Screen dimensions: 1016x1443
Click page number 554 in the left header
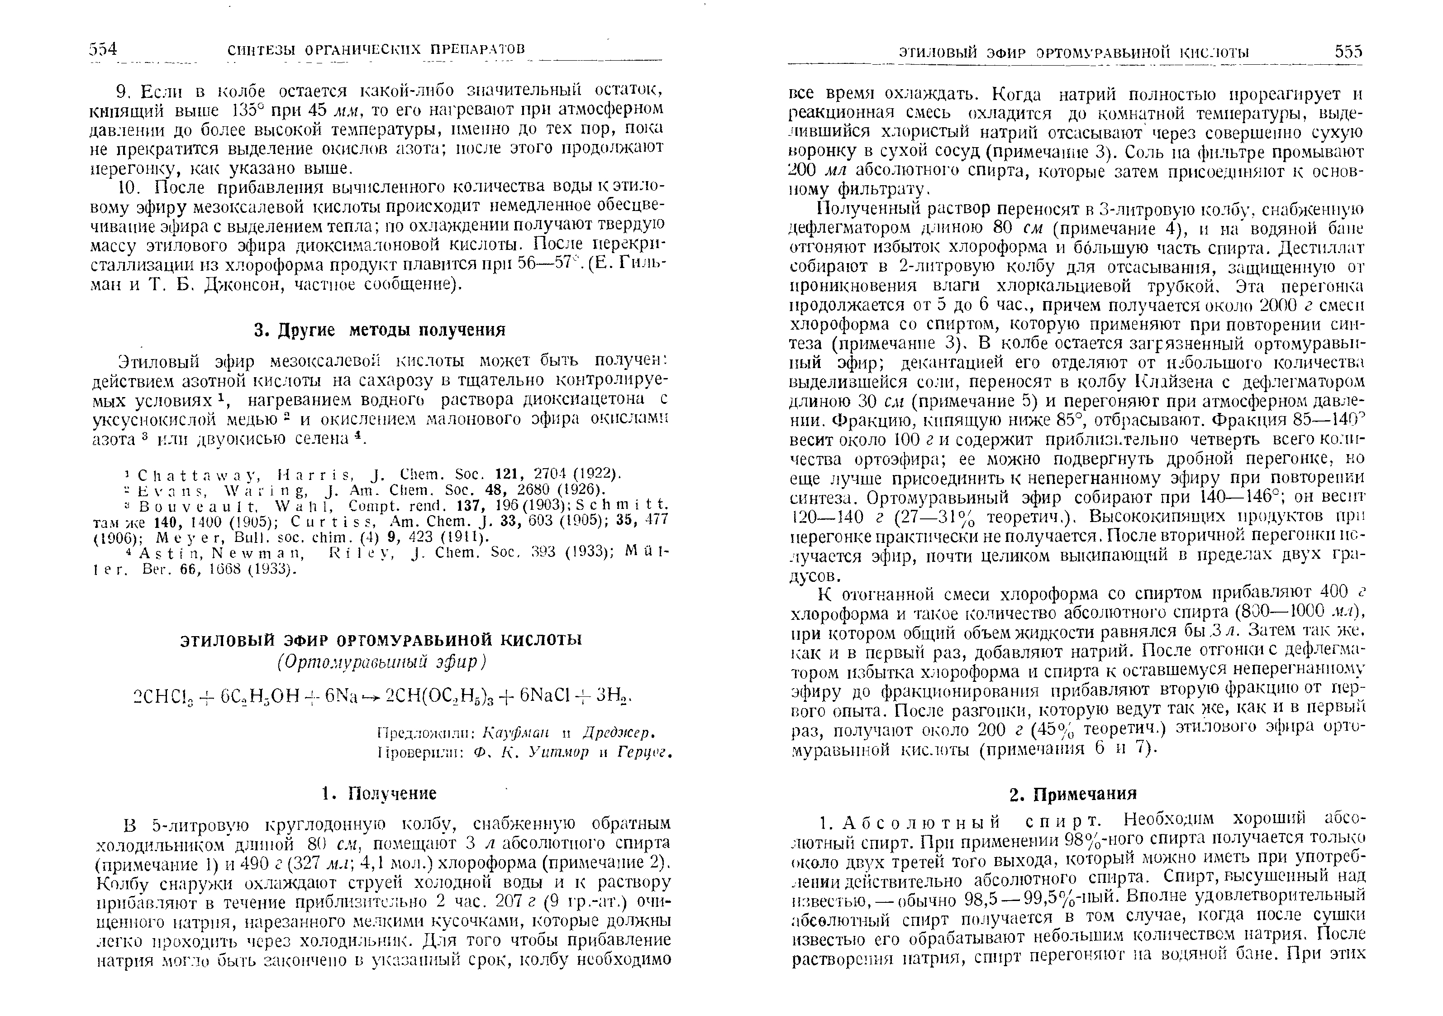tap(103, 49)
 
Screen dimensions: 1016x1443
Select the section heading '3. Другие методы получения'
tap(379, 330)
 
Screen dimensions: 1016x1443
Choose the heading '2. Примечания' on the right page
tap(1073, 793)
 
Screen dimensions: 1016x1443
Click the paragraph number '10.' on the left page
tap(127, 187)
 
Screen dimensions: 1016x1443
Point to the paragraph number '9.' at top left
tap(123, 92)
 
